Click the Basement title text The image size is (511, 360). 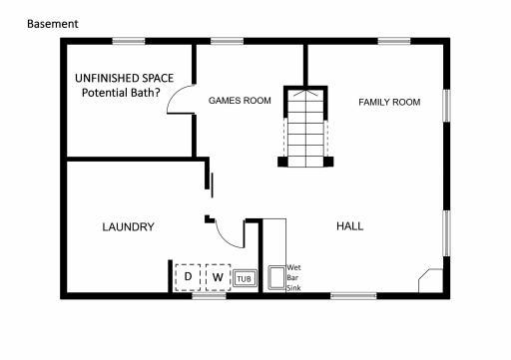(53, 23)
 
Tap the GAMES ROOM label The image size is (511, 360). (240, 101)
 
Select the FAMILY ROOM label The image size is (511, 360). (389, 102)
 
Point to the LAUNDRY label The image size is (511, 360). (128, 227)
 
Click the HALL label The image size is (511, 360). (349, 227)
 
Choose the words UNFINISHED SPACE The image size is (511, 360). (124, 79)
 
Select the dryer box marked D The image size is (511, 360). (188, 276)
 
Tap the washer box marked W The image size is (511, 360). (217, 276)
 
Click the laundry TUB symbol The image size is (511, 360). (245, 277)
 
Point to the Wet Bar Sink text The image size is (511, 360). (293, 277)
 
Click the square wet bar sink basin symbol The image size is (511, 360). (273, 277)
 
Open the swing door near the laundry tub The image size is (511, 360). (232, 233)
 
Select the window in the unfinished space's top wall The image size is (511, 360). (129, 41)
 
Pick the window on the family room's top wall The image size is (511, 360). (393, 41)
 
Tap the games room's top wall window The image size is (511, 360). (228, 41)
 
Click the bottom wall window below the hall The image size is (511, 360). (353, 295)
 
